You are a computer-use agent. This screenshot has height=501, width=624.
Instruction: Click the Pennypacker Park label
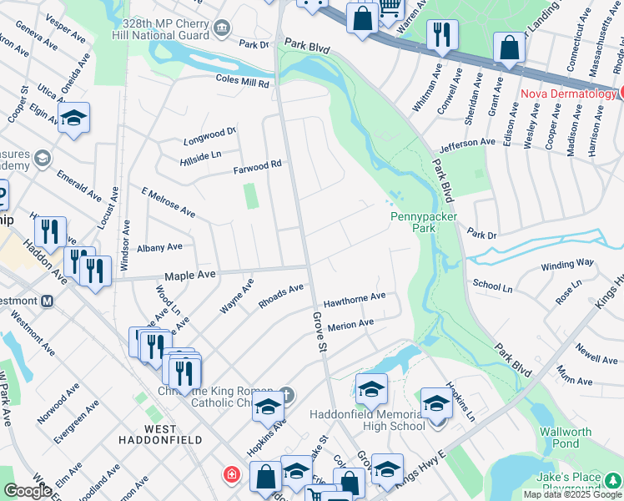(413, 221)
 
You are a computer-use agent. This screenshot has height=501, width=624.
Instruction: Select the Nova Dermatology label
(568, 94)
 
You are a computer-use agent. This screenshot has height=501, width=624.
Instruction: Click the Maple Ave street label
(189, 275)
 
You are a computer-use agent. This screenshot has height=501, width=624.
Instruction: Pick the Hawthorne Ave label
(355, 297)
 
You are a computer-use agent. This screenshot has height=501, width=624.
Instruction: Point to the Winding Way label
(567, 263)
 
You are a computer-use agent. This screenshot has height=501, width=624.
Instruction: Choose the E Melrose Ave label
(168, 203)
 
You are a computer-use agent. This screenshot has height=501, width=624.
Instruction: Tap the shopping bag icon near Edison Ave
(509, 49)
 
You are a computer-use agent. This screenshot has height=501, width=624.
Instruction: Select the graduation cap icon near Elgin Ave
(73, 118)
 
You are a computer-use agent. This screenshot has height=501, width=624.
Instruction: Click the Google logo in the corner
(27, 491)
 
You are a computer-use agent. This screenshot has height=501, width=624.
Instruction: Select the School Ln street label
(492, 285)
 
